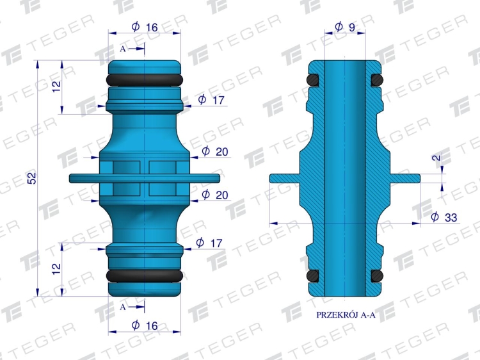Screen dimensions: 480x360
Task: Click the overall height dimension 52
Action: click(x=32, y=178)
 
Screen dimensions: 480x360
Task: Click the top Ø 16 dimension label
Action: click(x=145, y=27)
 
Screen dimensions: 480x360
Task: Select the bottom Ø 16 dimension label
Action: click(x=145, y=325)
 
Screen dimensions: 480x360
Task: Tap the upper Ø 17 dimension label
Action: click(x=211, y=99)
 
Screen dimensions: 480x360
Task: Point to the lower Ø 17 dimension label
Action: click(x=209, y=243)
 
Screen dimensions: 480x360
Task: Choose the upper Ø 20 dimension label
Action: click(x=215, y=151)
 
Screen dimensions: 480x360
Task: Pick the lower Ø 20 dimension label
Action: click(x=215, y=195)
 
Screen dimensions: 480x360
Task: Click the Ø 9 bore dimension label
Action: click(x=345, y=27)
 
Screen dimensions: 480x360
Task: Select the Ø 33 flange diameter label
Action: click(x=444, y=217)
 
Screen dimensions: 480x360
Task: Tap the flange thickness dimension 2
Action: click(x=438, y=158)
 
